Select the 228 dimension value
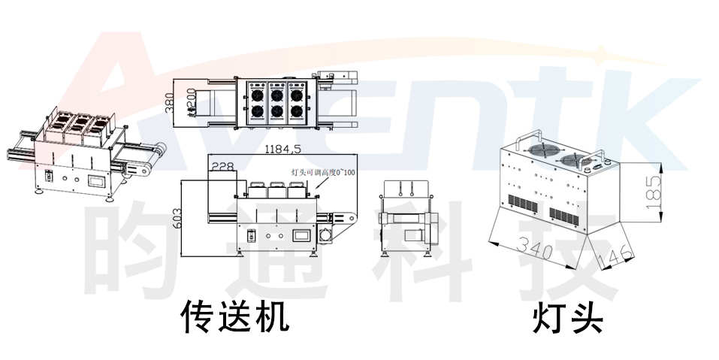pos(222,167)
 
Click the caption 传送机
pos(235,317)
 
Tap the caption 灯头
pos(568,317)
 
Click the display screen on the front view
pos(301,233)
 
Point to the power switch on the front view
pos(252,234)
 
